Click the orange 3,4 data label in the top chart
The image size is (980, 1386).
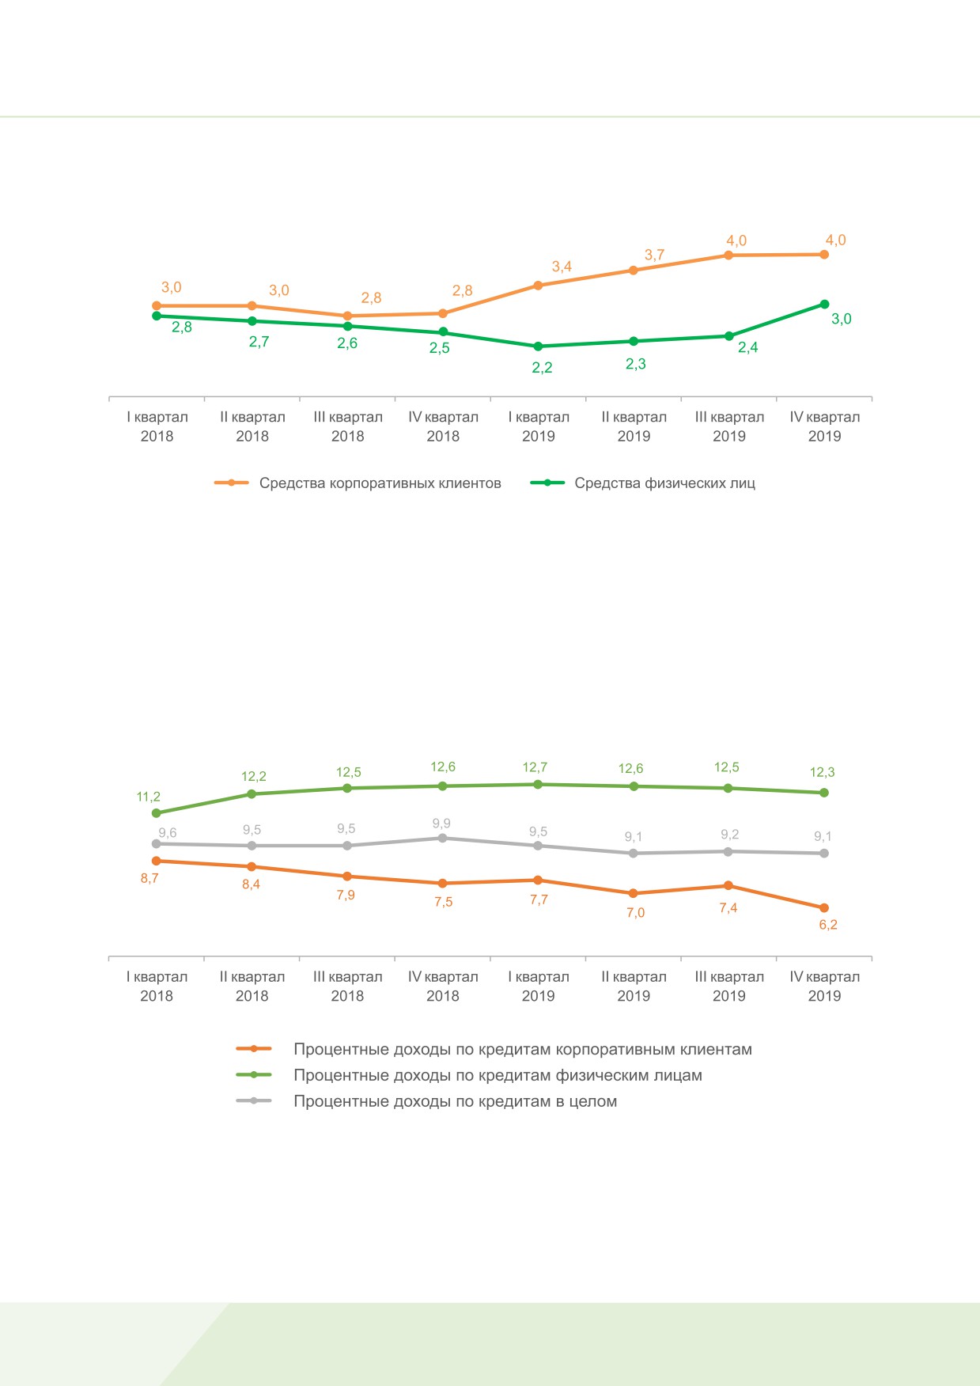[562, 267]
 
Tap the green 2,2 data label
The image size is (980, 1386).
[542, 368]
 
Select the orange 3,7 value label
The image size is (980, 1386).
[654, 255]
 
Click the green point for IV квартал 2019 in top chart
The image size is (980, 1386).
[824, 304]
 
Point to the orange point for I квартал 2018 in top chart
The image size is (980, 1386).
[157, 305]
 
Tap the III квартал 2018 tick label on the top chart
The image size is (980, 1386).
[348, 426]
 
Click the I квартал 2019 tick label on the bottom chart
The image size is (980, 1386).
[539, 986]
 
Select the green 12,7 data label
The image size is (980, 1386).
[535, 767]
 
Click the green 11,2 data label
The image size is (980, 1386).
[149, 797]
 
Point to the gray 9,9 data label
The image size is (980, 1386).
[441, 824]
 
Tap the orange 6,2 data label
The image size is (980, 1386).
[828, 925]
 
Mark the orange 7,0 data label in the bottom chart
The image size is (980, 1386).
[636, 913]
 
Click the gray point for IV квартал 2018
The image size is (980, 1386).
[443, 838]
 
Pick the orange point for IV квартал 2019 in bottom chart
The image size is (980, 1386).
[824, 908]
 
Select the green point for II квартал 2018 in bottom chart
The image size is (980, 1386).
[252, 793]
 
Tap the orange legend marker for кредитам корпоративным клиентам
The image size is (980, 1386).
[254, 1049]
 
